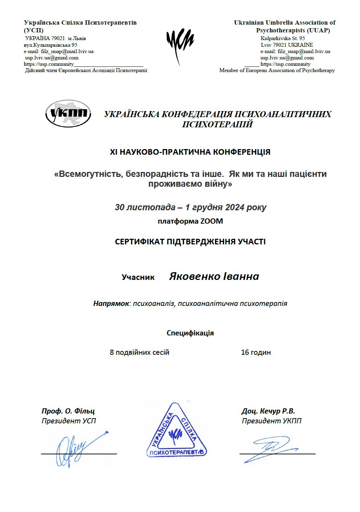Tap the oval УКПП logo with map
tap(68, 114)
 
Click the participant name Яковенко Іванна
tap(214, 276)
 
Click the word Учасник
tap(138, 277)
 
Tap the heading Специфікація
tap(190, 333)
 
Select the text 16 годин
tap(256, 352)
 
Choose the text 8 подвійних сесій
tap(139, 352)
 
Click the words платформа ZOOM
tap(190, 222)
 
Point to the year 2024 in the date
tap(235, 207)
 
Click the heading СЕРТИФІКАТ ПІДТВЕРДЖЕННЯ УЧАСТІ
tap(190, 242)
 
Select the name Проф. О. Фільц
tap(68, 411)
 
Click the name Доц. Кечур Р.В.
tap(268, 411)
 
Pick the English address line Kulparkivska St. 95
tap(283, 38)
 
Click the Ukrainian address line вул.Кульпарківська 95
tap(50, 45)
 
